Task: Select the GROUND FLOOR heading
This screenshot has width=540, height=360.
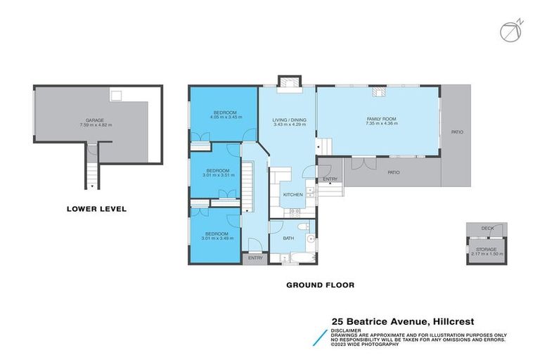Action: click(x=320, y=285)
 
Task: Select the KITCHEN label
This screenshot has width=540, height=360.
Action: click(x=292, y=194)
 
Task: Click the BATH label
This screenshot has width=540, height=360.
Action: click(x=288, y=238)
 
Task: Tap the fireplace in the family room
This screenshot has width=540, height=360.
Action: click(x=379, y=90)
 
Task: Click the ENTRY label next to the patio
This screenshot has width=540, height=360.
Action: click(x=330, y=179)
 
